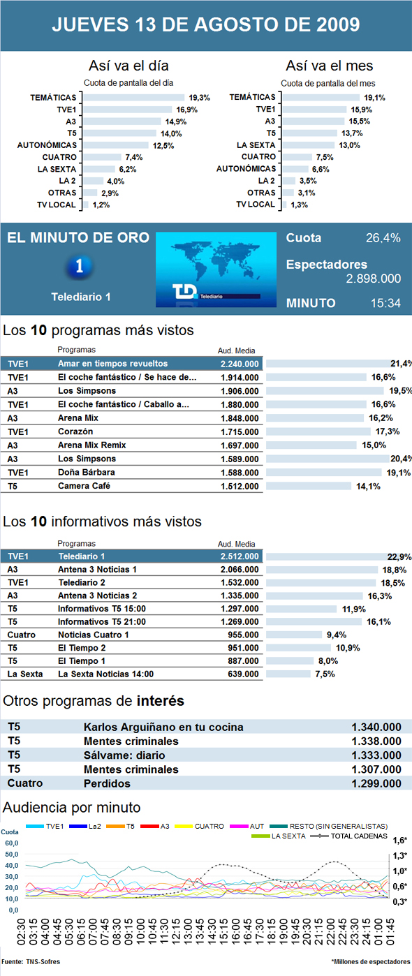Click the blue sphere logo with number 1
tap(81, 267)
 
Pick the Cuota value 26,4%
tap(383, 238)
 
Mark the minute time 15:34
tap(385, 303)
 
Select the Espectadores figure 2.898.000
tap(373, 279)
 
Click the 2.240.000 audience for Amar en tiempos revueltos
tap(239, 364)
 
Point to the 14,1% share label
tap(368, 487)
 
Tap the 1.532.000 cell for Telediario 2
tap(239, 582)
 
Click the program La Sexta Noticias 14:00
tap(105, 674)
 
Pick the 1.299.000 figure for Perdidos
tap(376, 783)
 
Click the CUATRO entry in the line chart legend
tap(209, 827)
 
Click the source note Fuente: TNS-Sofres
tap(31, 962)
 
